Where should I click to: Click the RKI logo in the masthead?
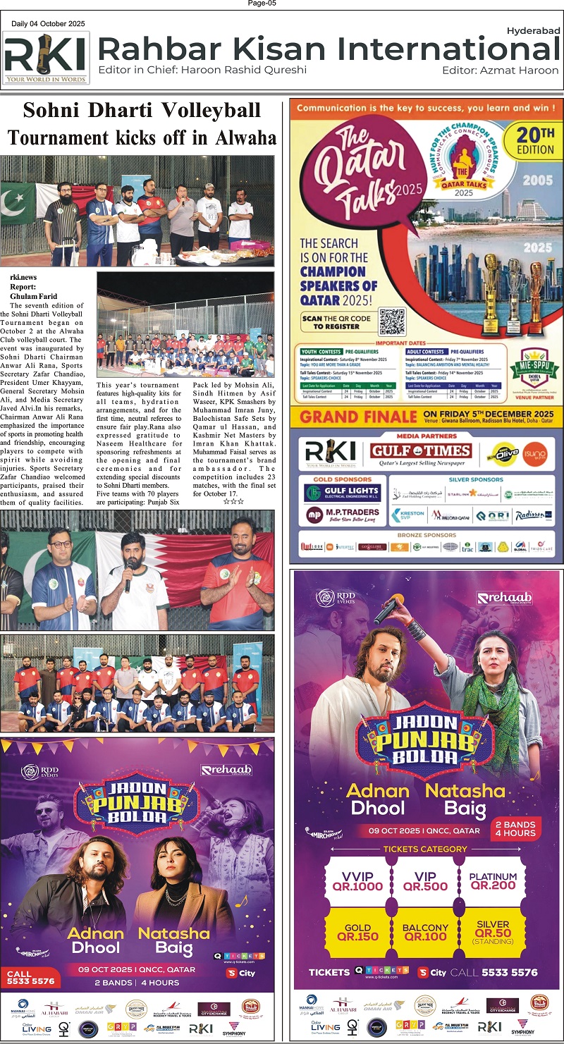(46, 58)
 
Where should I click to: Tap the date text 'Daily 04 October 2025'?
(48, 24)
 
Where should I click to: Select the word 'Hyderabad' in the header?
(533, 30)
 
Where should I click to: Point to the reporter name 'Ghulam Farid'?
(34, 296)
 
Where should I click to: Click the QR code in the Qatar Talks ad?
(392, 321)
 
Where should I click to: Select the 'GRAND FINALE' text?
(357, 417)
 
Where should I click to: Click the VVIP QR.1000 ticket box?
(357, 880)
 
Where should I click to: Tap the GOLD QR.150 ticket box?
(357, 932)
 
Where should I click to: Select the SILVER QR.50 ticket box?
(493, 932)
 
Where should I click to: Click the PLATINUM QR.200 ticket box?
(493, 880)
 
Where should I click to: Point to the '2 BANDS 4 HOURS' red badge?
(515, 828)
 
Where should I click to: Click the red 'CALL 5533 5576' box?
(30, 977)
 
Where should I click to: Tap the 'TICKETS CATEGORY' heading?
(424, 849)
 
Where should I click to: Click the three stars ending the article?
(233, 501)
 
